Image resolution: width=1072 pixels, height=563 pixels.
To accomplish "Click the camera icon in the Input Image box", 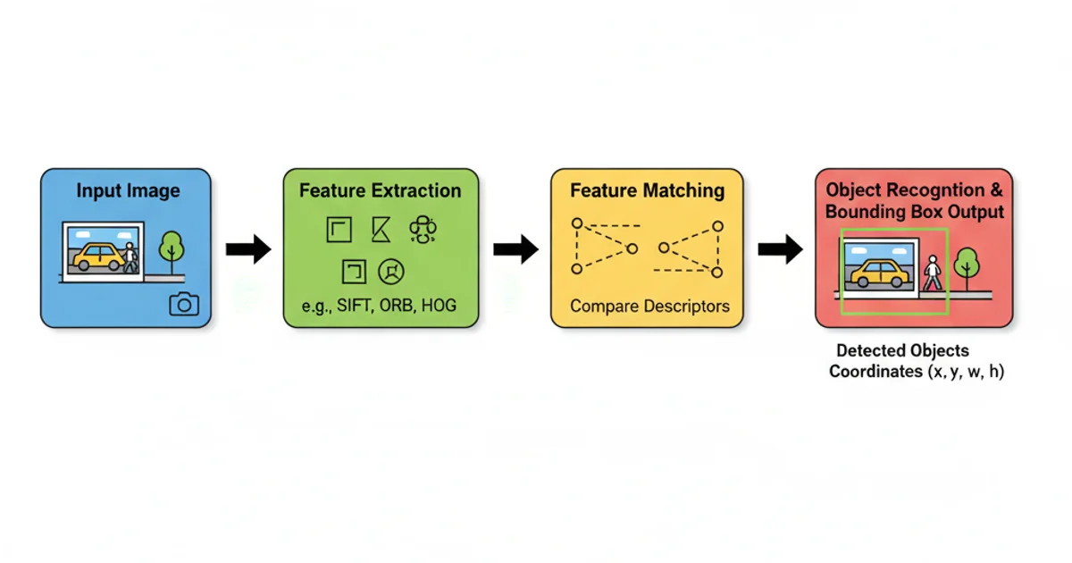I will pyautogui.click(x=184, y=304).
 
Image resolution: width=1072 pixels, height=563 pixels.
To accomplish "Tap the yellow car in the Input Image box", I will pyautogui.click(x=98, y=256).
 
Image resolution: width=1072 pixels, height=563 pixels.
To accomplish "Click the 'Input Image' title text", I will pyautogui.click(x=128, y=190).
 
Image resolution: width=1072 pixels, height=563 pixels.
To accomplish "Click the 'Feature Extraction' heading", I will pyautogui.click(x=380, y=190).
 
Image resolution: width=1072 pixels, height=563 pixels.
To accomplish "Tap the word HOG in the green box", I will pyautogui.click(x=438, y=306).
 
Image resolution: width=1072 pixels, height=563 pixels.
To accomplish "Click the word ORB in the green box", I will pyautogui.click(x=396, y=306).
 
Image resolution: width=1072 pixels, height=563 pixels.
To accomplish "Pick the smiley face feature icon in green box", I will pyautogui.click(x=390, y=270).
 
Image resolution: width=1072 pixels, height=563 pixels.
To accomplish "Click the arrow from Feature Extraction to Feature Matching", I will pyautogui.click(x=515, y=249).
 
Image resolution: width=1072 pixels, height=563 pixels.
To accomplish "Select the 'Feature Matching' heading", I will pyautogui.click(x=647, y=190).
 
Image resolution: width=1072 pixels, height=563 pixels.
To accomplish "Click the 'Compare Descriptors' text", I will pyautogui.click(x=649, y=306).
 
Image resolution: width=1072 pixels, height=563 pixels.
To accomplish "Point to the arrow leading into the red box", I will pyautogui.click(x=780, y=249).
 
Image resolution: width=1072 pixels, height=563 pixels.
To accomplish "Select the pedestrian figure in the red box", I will pyautogui.click(x=933, y=273).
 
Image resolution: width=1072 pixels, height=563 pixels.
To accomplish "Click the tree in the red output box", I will pyautogui.click(x=966, y=266).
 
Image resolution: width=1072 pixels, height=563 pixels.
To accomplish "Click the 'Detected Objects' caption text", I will pyautogui.click(x=902, y=351).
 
